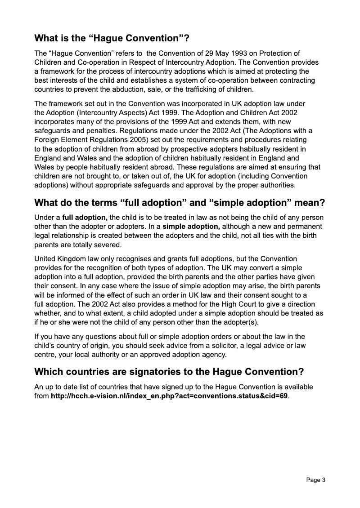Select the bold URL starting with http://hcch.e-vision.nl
tap(169, 396)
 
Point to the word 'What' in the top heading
tap(48, 38)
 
